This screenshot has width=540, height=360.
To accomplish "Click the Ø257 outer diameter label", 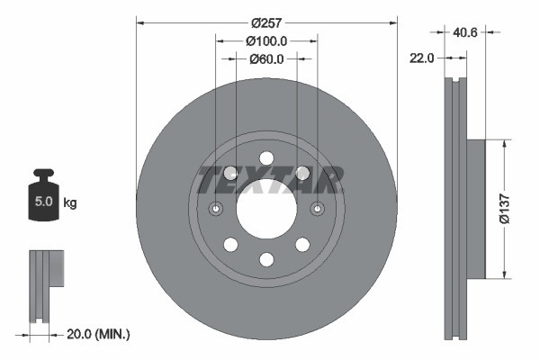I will coord(266,22).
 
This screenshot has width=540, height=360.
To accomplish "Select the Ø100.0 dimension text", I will coord(266,40).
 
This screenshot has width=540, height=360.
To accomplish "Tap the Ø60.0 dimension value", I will coord(266,59).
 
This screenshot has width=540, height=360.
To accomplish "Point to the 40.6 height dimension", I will coord(464,31).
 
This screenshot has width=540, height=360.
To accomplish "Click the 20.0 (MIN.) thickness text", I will coord(97,334).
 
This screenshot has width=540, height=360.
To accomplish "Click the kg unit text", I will coord(70,203).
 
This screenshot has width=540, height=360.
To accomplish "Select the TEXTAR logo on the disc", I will coord(267,179).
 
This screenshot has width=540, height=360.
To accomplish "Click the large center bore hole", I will coord(266,209).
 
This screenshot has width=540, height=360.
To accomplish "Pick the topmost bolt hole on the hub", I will coord(266,158).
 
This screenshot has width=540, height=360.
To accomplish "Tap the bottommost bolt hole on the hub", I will coord(266,260).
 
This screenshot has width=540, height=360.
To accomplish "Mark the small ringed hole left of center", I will coord(216,210).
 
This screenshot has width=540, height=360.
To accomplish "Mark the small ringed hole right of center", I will coord(318,210).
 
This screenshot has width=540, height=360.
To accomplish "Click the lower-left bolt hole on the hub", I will coord(230,245).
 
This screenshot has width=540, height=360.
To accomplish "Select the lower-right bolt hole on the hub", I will coord(302,245).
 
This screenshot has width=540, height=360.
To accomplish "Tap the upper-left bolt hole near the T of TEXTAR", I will coord(230,173).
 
